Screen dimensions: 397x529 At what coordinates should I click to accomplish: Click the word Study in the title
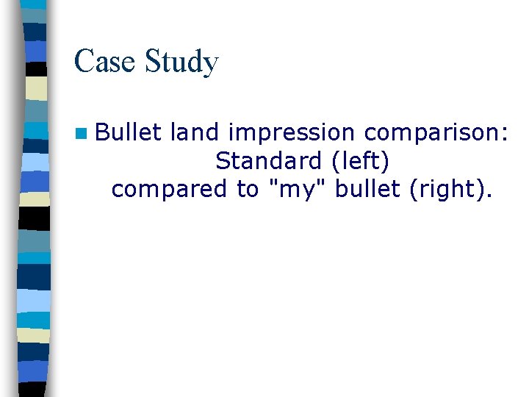point(181,62)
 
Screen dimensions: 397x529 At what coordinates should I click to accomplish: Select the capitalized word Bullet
point(129,132)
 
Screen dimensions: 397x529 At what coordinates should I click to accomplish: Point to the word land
point(195,132)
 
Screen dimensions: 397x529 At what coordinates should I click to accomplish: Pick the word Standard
point(269,160)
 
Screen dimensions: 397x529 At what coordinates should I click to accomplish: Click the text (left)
point(359,161)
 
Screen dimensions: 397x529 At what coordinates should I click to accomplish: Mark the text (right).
point(450,189)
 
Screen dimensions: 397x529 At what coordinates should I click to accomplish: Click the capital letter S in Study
point(153,61)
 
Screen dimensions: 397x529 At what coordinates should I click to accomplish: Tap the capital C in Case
point(82,61)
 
